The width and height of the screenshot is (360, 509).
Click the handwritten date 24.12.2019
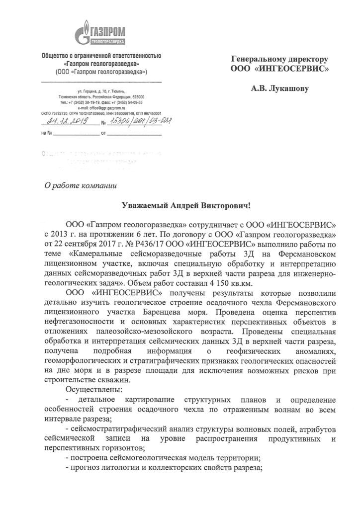pyautogui.click(x=66, y=121)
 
